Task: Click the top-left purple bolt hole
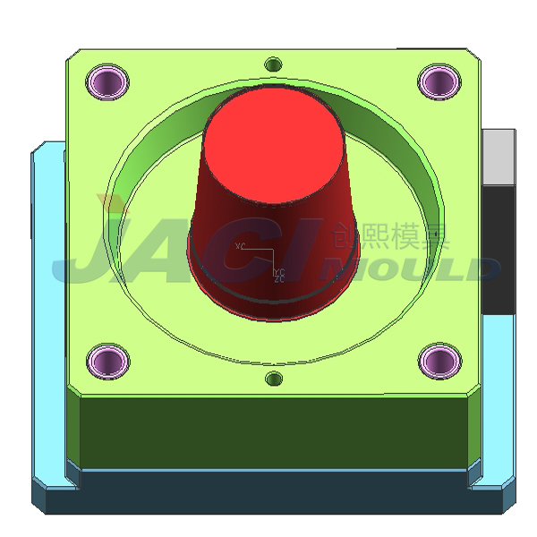[109, 81]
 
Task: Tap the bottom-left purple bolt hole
[109, 361]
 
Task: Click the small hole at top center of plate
[274, 64]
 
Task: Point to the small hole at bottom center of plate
[274, 379]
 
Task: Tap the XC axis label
[240, 245]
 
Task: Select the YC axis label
[279, 271]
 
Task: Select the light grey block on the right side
[499, 157]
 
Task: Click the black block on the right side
[499, 251]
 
